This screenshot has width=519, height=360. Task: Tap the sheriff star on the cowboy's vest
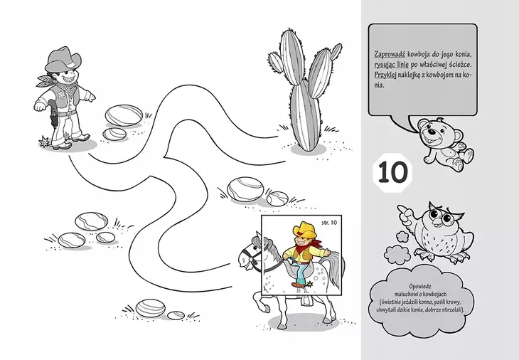[x=61, y=95]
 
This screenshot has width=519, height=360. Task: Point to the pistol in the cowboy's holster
[x=53, y=112]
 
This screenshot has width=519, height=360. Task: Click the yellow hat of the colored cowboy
[x=304, y=229]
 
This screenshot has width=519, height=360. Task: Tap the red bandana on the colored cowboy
[x=312, y=245]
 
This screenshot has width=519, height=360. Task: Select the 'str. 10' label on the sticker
[x=329, y=223]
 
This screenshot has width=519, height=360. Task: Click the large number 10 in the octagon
[x=392, y=173]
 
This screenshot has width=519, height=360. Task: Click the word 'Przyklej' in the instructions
[x=385, y=75]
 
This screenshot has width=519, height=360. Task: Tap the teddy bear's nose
[x=432, y=132]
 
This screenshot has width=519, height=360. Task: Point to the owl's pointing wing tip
[x=401, y=208]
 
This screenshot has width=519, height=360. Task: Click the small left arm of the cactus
[x=276, y=62]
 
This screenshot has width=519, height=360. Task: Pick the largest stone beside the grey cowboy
[x=124, y=115]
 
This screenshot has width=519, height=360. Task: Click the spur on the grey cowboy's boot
[x=43, y=142]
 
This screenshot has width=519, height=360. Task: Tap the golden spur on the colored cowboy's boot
[x=310, y=284]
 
